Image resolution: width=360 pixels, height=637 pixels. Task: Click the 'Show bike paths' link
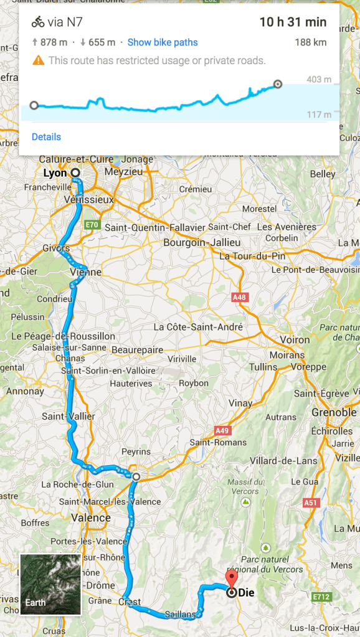(163, 42)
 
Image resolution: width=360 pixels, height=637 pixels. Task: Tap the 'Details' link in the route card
(46, 137)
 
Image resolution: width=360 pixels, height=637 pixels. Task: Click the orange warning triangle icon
(39, 60)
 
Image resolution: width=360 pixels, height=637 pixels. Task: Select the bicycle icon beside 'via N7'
(38, 22)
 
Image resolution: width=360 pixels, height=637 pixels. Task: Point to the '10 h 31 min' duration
(293, 22)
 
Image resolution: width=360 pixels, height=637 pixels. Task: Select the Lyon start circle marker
(75, 172)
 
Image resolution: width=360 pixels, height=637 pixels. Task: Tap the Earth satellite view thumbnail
(50, 584)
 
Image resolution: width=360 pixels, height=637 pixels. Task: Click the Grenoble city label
(334, 412)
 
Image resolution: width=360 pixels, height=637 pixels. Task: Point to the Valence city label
(91, 517)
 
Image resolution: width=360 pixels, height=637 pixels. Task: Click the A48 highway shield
(239, 298)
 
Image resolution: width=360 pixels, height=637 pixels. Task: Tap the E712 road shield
(321, 597)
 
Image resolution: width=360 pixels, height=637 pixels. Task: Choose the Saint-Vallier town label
(69, 416)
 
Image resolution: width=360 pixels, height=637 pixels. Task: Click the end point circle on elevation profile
(278, 84)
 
